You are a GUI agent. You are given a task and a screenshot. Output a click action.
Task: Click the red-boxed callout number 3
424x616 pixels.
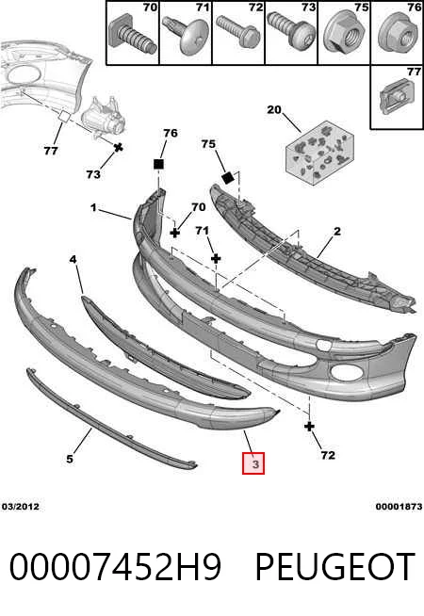[x=253, y=463]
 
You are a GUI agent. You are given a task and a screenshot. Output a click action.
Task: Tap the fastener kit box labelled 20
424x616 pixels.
[x=319, y=151]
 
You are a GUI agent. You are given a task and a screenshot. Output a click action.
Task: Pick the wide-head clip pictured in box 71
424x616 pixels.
[x=186, y=35]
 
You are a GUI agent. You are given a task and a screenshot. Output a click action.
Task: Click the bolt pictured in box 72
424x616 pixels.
[x=238, y=32]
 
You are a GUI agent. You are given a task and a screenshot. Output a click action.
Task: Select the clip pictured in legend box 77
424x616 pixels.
[x=396, y=97]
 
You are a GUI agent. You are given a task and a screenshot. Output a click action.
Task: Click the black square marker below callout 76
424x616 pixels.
[x=158, y=164]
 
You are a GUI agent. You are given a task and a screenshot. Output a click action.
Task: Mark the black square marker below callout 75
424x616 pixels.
[x=228, y=178]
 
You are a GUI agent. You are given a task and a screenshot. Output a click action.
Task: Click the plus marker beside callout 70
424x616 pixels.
[x=175, y=233]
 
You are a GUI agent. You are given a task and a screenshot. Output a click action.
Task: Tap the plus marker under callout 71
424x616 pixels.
[x=216, y=258]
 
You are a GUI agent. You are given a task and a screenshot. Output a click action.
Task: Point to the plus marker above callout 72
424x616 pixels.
[x=309, y=427]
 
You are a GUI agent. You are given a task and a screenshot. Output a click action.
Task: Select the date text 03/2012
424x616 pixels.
[x=21, y=507]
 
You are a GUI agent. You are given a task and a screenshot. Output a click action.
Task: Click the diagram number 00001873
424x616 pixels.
[x=399, y=507]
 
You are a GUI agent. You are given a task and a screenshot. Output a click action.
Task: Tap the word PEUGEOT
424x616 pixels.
[x=335, y=566]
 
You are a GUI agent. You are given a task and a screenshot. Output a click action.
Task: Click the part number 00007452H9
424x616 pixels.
[x=116, y=566]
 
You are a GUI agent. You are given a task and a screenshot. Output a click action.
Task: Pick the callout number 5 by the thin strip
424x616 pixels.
[x=70, y=459]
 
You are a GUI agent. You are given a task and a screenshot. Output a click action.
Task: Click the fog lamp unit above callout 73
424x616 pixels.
[x=103, y=118]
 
